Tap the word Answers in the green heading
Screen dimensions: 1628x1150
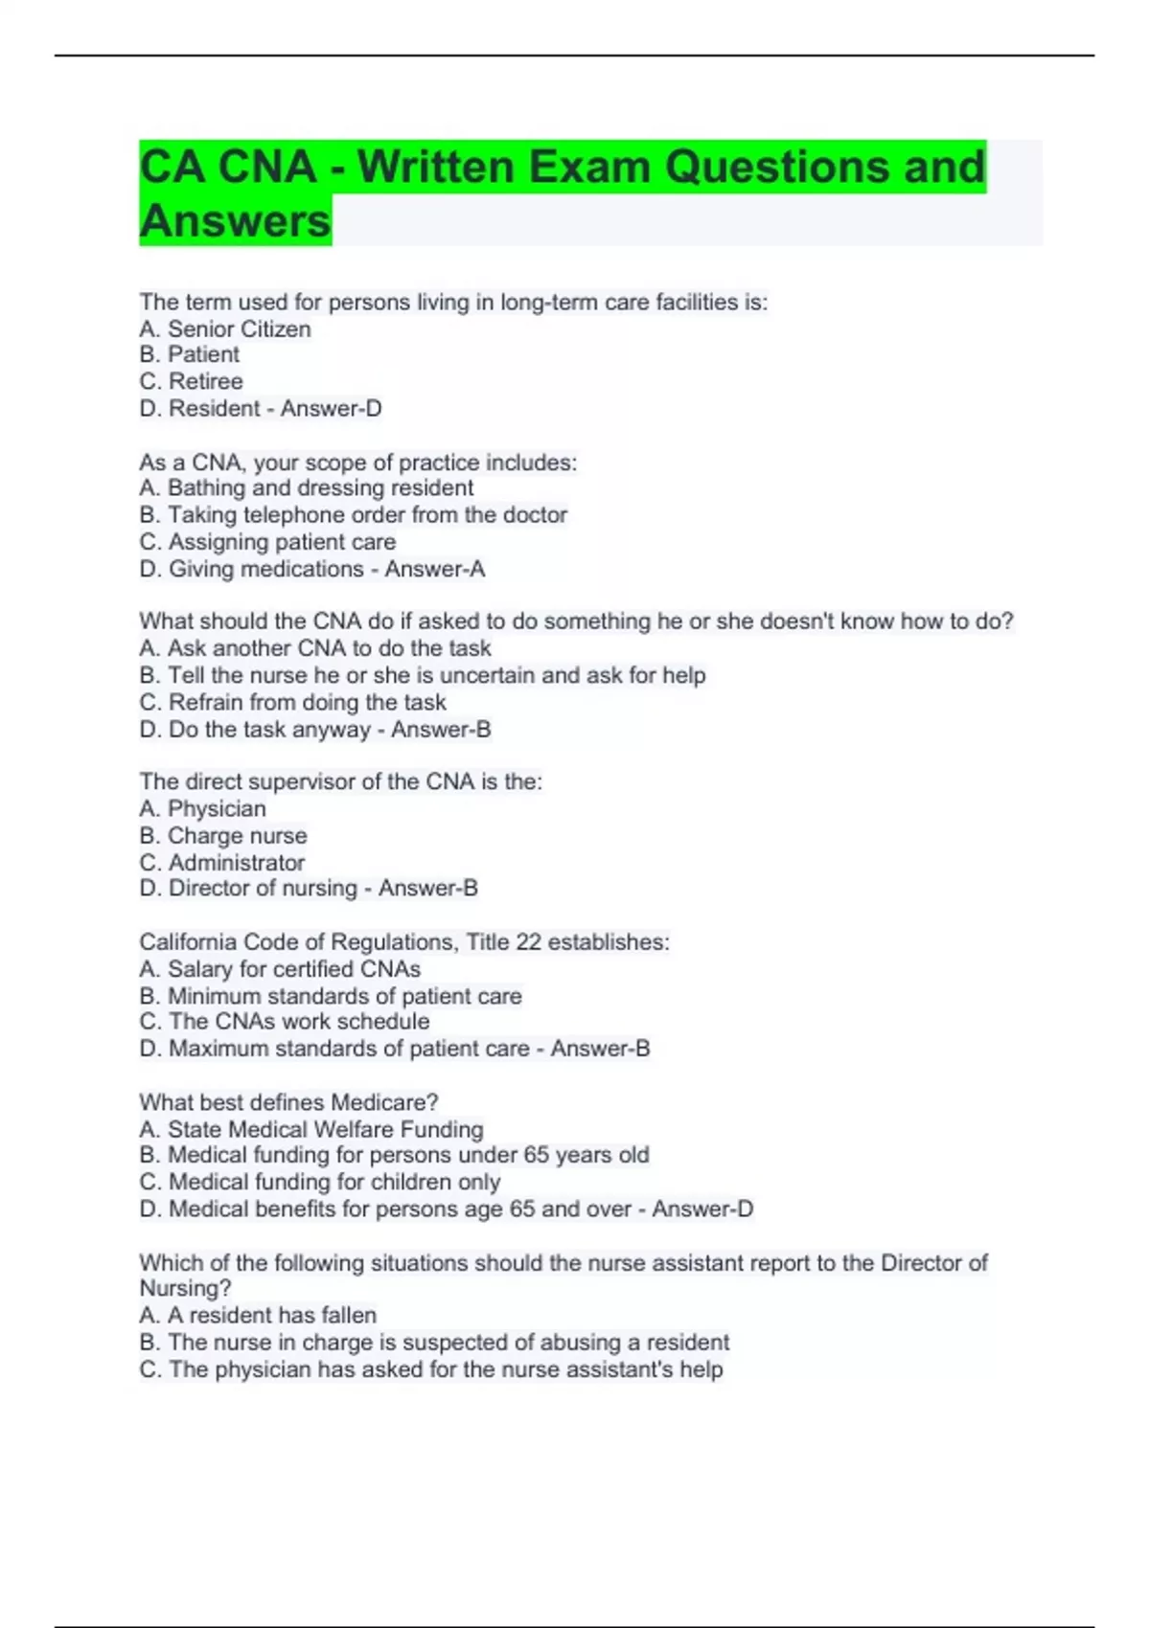pos(235,221)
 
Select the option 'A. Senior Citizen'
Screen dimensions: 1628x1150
pos(225,328)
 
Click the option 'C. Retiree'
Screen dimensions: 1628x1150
pos(191,381)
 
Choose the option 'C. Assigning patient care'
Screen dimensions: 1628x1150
pos(267,542)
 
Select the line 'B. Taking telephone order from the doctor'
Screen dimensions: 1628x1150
pos(353,514)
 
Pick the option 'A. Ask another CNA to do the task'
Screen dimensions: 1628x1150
pos(314,648)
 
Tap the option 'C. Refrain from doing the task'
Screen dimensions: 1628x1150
pos(292,702)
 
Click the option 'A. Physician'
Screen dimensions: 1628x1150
pos(202,808)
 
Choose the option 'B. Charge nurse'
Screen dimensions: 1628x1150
pos(223,835)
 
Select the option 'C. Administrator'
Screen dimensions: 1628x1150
pos(221,862)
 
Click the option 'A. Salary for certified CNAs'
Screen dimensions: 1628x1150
pos(280,969)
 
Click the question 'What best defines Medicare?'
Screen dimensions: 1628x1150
pos(288,1102)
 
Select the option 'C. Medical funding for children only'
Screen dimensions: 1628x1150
pos(319,1182)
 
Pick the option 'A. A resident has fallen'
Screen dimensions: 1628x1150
pos(258,1315)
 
